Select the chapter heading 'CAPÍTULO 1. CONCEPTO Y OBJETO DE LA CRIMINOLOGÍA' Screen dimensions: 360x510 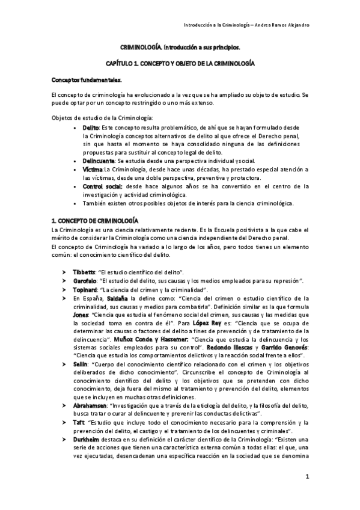coord(180,63)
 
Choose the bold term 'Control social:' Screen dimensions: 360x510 coord(103,186)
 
